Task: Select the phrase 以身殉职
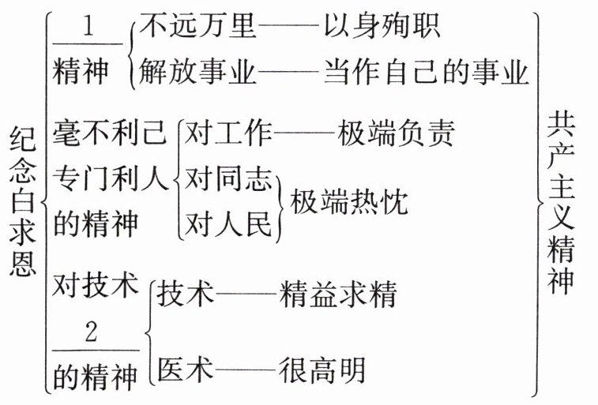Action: coord(382,28)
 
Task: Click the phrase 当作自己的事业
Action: coord(426,73)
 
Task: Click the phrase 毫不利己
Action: coord(111,134)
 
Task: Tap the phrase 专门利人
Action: coord(111,179)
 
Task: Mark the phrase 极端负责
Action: coord(396,134)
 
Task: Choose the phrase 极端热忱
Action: coord(350,202)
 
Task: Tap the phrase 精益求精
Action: coord(338,295)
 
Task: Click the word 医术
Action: coord(186,369)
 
